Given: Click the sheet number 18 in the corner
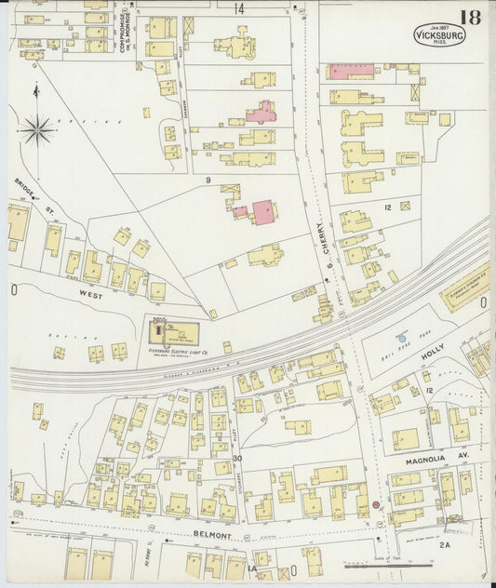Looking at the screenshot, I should (x=469, y=16).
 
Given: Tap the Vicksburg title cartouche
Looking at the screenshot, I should (x=438, y=35).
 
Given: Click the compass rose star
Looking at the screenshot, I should (x=36, y=129).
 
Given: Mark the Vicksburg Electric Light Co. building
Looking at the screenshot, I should (x=175, y=330).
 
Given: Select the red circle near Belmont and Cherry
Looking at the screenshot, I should (x=376, y=505).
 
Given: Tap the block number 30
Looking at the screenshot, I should (x=237, y=459).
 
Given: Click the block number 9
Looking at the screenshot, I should (x=208, y=180).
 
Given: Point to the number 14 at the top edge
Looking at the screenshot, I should (x=239, y=9).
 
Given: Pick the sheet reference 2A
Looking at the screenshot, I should (x=444, y=546).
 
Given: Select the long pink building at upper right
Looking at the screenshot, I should (x=351, y=71).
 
